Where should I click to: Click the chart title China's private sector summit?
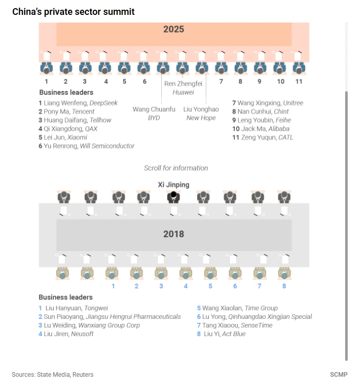point(73,11)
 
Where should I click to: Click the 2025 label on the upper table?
point(174,29)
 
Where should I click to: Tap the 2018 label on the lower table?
point(174,234)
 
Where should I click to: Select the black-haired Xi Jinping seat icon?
point(174,196)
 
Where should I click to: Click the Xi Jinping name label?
point(174,185)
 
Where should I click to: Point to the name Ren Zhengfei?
point(183,84)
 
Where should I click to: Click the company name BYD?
point(154,118)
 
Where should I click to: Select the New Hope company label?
point(200,118)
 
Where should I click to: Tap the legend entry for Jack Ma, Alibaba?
point(261,129)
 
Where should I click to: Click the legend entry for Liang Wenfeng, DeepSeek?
point(78,103)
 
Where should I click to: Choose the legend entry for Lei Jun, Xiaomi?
point(63,137)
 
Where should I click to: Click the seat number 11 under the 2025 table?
point(299,81)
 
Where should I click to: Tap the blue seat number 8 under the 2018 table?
point(284,286)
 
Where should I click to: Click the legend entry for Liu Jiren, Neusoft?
point(66,334)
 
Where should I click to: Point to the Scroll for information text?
point(176,168)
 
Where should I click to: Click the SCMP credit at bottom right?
point(338,375)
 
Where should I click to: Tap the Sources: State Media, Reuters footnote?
point(52,375)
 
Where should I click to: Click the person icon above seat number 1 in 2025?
point(47,67)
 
